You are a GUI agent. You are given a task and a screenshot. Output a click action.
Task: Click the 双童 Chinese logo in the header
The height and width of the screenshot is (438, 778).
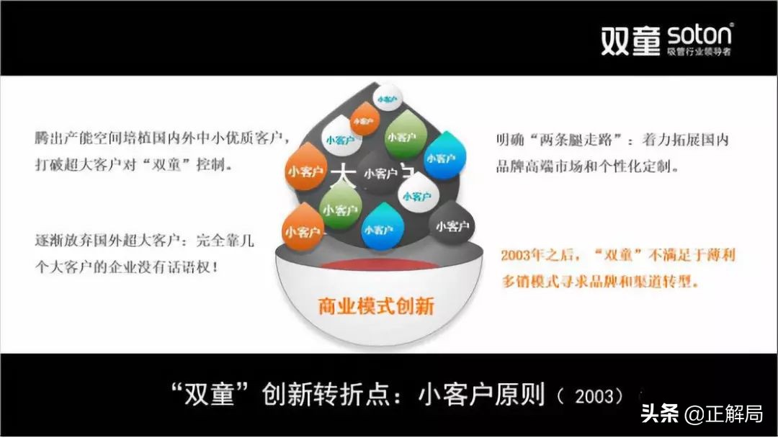pyautogui.click(x=630, y=41)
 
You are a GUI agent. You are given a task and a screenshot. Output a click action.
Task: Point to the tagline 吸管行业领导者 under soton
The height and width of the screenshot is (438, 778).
pyautogui.click(x=699, y=53)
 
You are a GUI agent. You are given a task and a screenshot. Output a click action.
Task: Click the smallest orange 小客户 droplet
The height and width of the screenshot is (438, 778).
pyautogui.click(x=364, y=119)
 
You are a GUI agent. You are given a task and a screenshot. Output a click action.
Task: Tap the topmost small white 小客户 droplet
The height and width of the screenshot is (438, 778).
pyautogui.click(x=385, y=96)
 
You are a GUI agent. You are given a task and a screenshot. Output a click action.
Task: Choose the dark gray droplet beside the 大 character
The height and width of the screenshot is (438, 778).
pyautogui.click(x=380, y=173)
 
